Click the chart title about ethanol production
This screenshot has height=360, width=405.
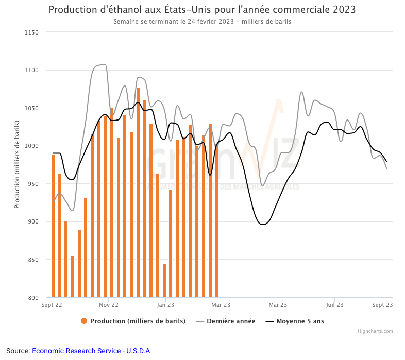coord(202,10)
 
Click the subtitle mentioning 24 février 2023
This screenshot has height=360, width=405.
coord(202,22)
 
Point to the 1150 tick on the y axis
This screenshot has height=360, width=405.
coord(32,32)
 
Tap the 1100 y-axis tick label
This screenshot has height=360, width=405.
coord(32,71)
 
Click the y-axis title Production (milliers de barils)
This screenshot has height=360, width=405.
coord(17,164)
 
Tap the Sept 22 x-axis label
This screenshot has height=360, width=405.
coord(52,305)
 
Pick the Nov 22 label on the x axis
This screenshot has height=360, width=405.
coord(108,305)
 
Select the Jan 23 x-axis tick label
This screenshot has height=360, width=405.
coord(165,305)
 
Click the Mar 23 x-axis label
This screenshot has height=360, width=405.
coord(221,305)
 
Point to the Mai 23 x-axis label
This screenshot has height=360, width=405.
coord(277,305)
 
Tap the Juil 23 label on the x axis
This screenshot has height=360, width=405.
coord(334,305)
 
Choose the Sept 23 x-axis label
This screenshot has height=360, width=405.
coord(382,305)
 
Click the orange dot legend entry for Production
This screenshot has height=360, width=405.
coord(84,321)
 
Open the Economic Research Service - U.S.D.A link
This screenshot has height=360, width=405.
coord(91,351)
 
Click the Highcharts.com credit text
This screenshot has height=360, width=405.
coord(375,331)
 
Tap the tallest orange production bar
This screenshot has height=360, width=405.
coord(138,193)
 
